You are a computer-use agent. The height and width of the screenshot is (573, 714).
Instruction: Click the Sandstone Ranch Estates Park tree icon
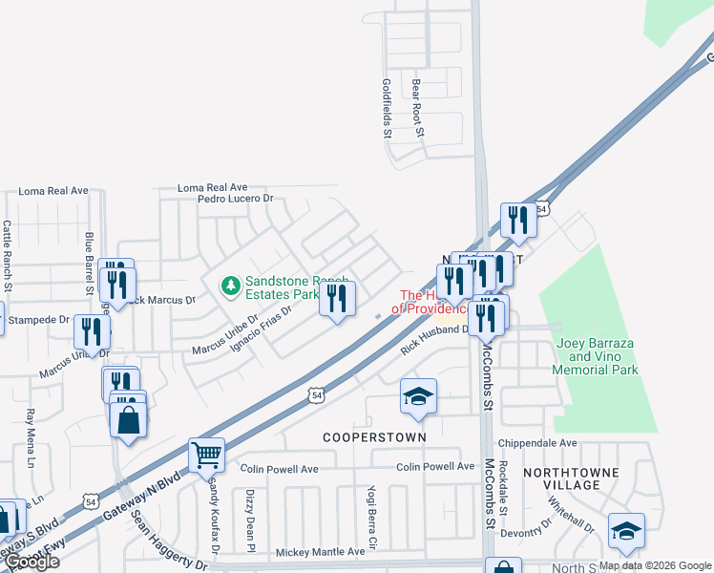click(x=230, y=285)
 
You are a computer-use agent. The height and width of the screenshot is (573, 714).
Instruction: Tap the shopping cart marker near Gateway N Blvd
click(x=206, y=456)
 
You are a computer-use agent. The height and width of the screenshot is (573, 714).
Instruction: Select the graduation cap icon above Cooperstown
click(x=418, y=396)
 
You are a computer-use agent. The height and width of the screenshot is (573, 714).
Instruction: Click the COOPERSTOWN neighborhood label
click(x=373, y=436)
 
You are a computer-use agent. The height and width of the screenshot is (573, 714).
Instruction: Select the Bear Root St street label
click(x=416, y=108)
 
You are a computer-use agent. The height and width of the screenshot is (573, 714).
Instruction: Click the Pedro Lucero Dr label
click(x=236, y=200)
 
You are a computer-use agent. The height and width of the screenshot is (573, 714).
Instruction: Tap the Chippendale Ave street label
click(x=542, y=443)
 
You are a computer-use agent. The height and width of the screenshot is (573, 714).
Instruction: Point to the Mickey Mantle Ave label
click(x=321, y=552)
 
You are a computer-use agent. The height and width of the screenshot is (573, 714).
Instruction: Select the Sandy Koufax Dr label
click(x=214, y=516)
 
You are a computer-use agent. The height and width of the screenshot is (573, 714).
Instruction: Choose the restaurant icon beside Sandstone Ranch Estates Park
click(x=336, y=299)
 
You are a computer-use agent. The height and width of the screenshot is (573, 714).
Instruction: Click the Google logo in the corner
click(x=31, y=561)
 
